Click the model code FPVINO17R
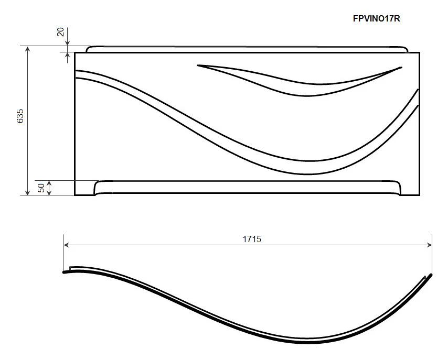pyautogui.click(x=376, y=18)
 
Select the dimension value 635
pyautogui.click(x=20, y=116)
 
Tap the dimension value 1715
pyautogui.click(x=252, y=239)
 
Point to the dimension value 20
pyautogui.click(x=60, y=32)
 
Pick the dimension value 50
pyautogui.click(x=41, y=188)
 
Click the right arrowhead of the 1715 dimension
pyautogui.click(x=429, y=245)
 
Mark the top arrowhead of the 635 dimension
pyautogui.click(x=27, y=49)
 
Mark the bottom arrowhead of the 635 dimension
pyautogui.click(x=27, y=192)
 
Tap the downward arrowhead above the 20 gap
pyautogui.click(x=68, y=42)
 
